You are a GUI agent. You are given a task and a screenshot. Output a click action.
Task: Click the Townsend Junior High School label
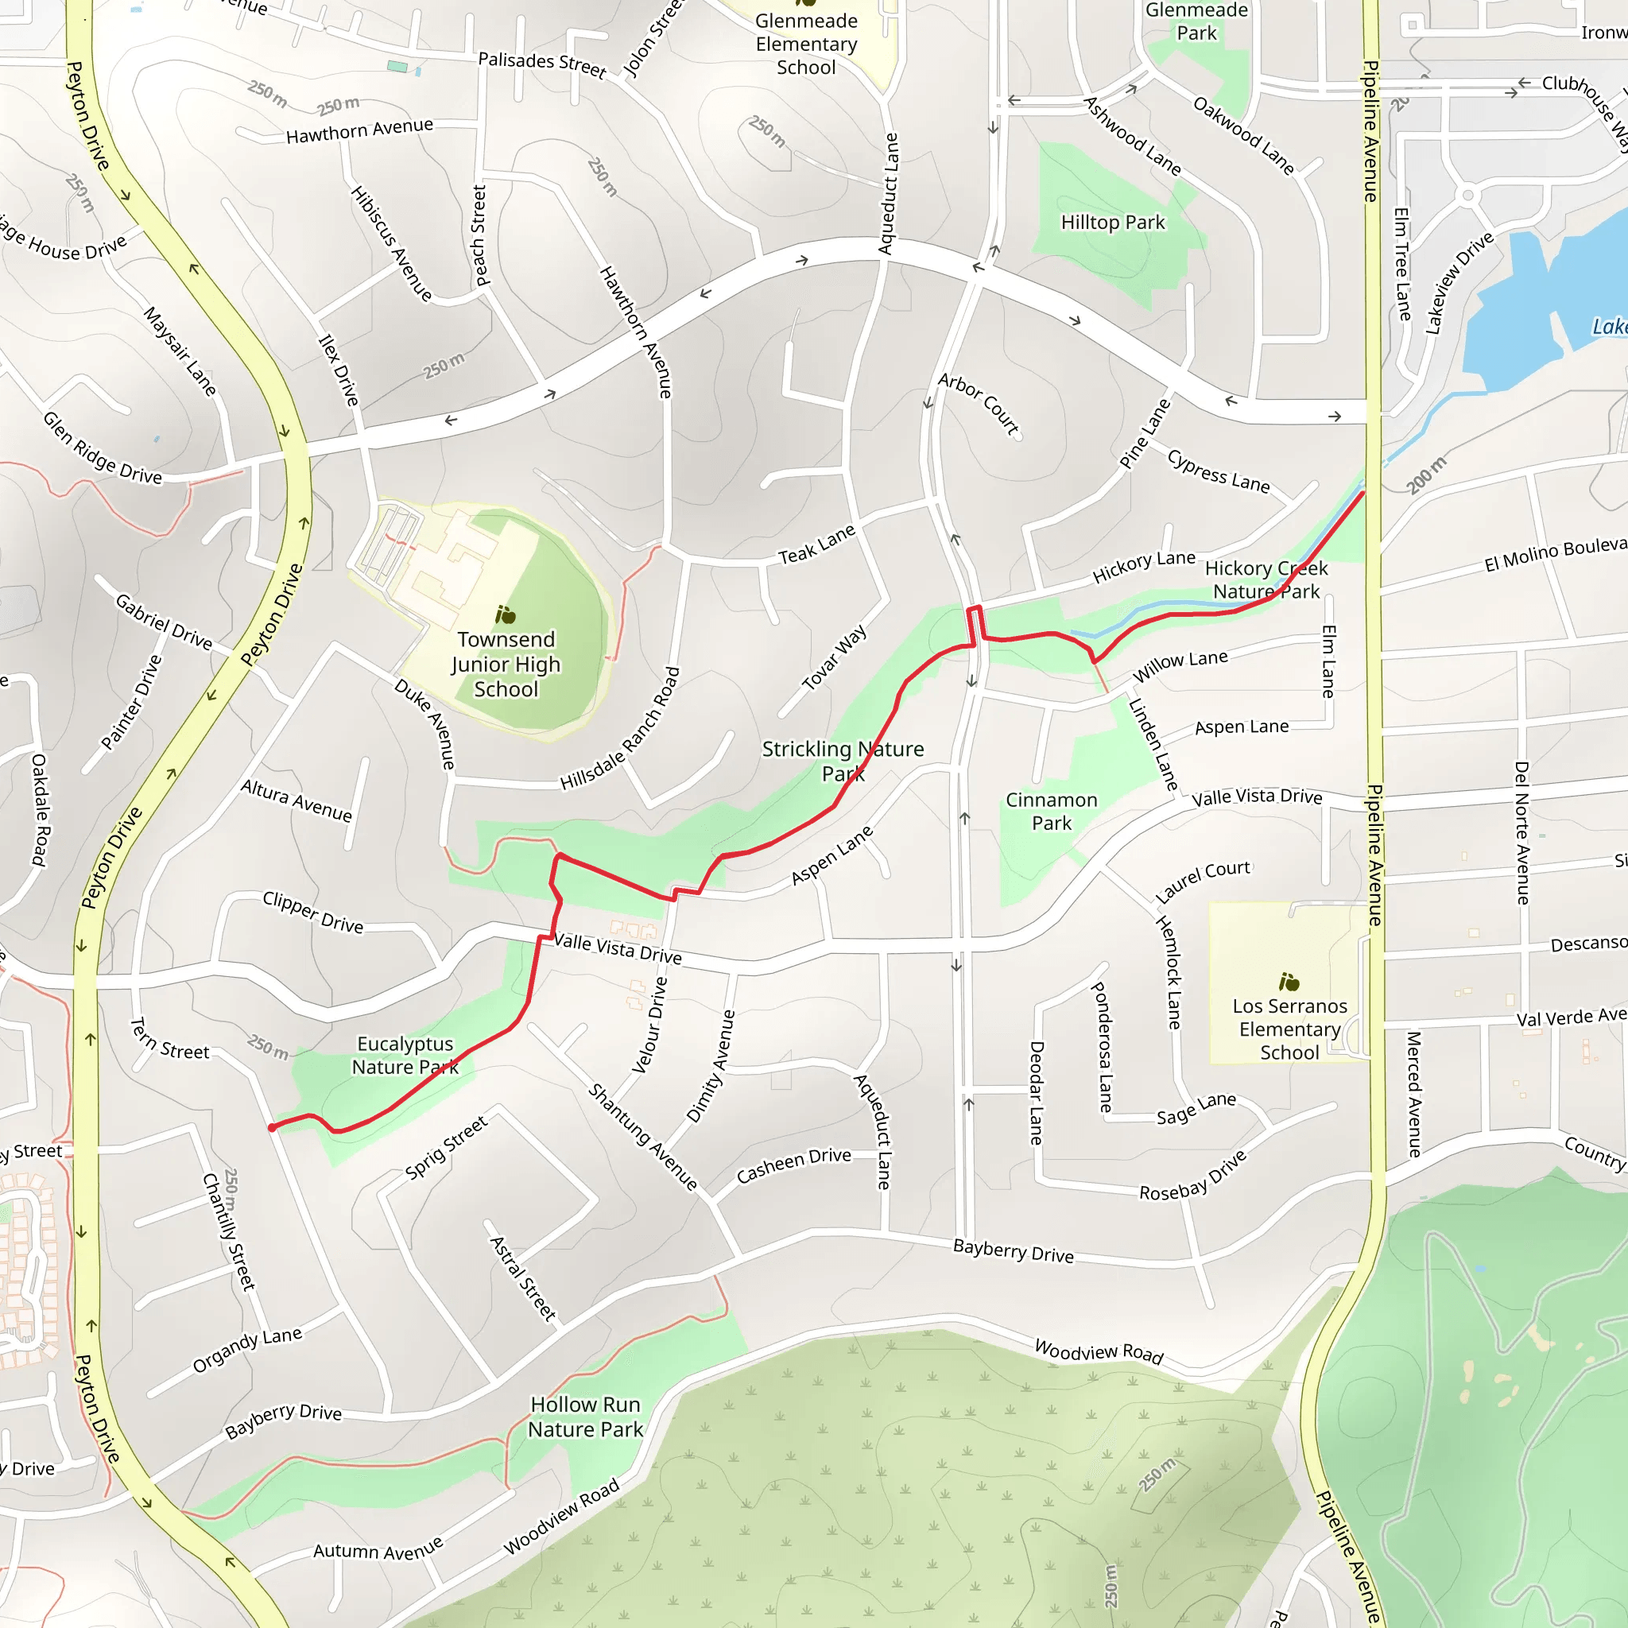click(506, 664)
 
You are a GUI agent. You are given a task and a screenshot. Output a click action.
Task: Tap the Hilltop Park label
click(1112, 223)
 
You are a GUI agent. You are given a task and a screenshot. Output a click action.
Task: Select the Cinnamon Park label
click(1052, 812)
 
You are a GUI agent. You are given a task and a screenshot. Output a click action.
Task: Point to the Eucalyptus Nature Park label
click(405, 1055)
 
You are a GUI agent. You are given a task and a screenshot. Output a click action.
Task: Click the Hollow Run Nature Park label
click(586, 1417)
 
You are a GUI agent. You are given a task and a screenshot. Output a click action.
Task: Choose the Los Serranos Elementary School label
click(1289, 1029)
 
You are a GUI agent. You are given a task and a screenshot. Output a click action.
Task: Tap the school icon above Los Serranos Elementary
click(1289, 982)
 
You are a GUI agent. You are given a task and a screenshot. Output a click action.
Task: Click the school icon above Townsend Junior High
click(506, 615)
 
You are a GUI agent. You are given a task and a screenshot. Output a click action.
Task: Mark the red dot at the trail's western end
click(272, 1127)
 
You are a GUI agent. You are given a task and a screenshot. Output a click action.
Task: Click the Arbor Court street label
click(979, 404)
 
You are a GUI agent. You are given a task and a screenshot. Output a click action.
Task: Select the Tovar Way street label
click(834, 657)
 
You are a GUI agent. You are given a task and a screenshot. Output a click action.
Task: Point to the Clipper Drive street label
click(312, 912)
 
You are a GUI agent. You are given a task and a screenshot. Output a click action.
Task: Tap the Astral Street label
click(523, 1278)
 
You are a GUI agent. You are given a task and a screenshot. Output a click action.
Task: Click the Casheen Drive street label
click(794, 1165)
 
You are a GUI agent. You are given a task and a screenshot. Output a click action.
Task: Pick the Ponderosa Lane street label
click(1103, 1047)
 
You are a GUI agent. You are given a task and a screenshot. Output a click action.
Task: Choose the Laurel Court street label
click(1203, 881)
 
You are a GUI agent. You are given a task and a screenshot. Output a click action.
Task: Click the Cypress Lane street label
click(1219, 471)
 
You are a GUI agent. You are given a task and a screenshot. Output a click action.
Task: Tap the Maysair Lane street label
click(180, 351)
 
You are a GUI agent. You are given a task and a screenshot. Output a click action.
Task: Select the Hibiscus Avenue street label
click(392, 243)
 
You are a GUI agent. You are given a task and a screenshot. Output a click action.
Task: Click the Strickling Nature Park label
click(843, 761)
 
